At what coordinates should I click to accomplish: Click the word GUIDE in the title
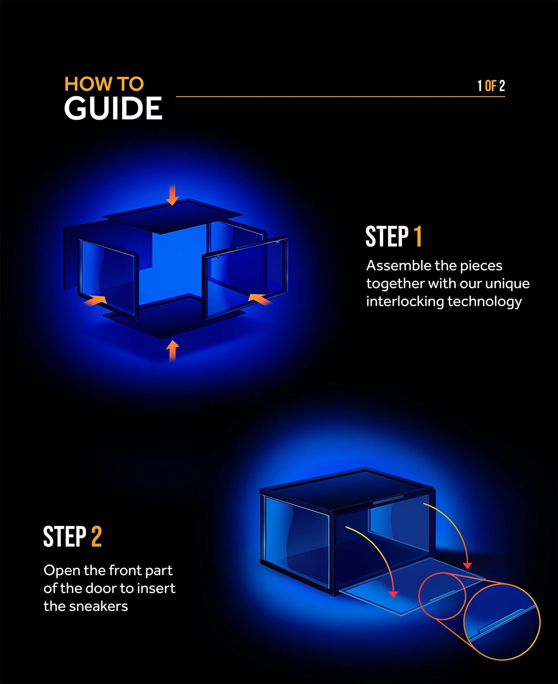click(x=113, y=109)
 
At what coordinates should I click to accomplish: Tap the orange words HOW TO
click(x=104, y=84)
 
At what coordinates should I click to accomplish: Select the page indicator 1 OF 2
click(x=491, y=86)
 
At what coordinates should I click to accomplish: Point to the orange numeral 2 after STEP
click(x=96, y=536)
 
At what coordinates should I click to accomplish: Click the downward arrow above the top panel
click(x=172, y=195)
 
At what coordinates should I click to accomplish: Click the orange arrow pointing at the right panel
click(x=260, y=299)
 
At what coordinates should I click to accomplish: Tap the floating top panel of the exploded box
click(x=172, y=216)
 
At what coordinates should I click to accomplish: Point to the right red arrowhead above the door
click(x=467, y=566)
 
